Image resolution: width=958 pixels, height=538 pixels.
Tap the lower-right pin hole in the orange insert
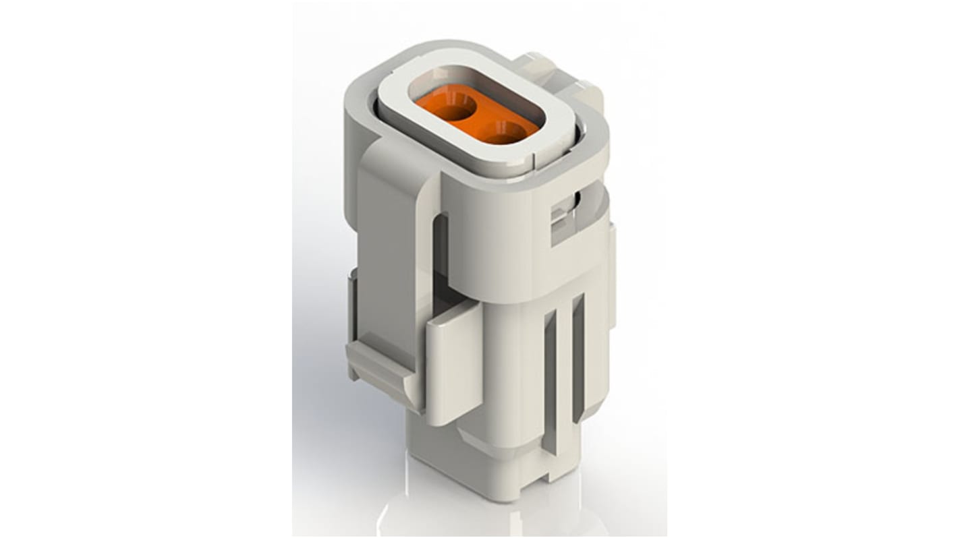click(503, 132)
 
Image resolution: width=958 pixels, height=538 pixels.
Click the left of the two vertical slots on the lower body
click(550, 378)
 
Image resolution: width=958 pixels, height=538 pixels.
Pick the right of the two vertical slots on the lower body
click(578, 357)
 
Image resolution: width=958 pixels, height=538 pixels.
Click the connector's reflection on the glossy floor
click(486, 519)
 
